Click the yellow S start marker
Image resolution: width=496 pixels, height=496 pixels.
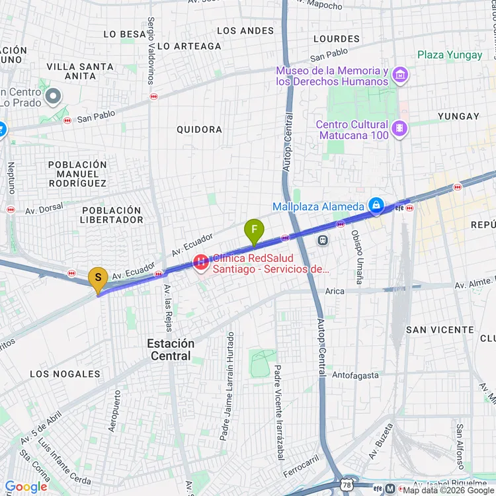point(98,278)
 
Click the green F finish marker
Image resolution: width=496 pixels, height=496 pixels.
point(253,231)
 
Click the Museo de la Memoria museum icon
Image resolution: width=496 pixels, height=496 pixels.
point(399,75)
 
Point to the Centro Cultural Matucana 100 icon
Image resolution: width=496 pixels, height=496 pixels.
point(399,129)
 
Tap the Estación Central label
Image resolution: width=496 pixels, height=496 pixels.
point(170,350)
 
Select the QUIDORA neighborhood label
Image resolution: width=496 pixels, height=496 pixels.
point(199,130)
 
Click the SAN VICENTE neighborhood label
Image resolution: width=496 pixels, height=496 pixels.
point(440,329)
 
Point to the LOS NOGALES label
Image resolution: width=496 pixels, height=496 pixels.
point(65,374)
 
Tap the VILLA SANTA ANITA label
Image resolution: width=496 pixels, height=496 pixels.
point(80,71)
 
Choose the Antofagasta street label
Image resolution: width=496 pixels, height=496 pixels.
point(356,375)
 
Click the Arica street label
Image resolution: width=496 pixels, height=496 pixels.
point(335,291)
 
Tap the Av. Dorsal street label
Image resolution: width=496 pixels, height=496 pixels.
point(44,208)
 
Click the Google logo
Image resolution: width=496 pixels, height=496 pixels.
point(25,487)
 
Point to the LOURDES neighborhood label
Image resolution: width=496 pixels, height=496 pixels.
point(336,39)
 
